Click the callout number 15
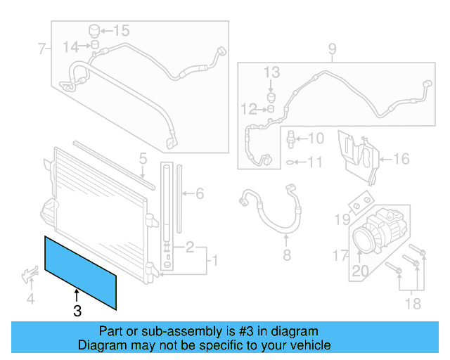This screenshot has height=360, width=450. (122, 30)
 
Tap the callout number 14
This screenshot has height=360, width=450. (71, 46)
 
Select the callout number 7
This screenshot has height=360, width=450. (42, 49)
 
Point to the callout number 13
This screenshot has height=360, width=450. (271, 72)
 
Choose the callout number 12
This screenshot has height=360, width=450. (249, 108)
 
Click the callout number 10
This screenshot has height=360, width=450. (315, 138)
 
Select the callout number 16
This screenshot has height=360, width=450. (400, 159)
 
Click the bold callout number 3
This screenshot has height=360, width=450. (77, 309)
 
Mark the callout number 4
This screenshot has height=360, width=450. (30, 300)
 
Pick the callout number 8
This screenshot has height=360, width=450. (286, 255)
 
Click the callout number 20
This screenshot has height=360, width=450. (360, 271)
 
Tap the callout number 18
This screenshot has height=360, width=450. (413, 303)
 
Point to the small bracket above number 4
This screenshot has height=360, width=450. (29, 274)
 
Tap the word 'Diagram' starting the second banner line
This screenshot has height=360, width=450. (101, 345)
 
